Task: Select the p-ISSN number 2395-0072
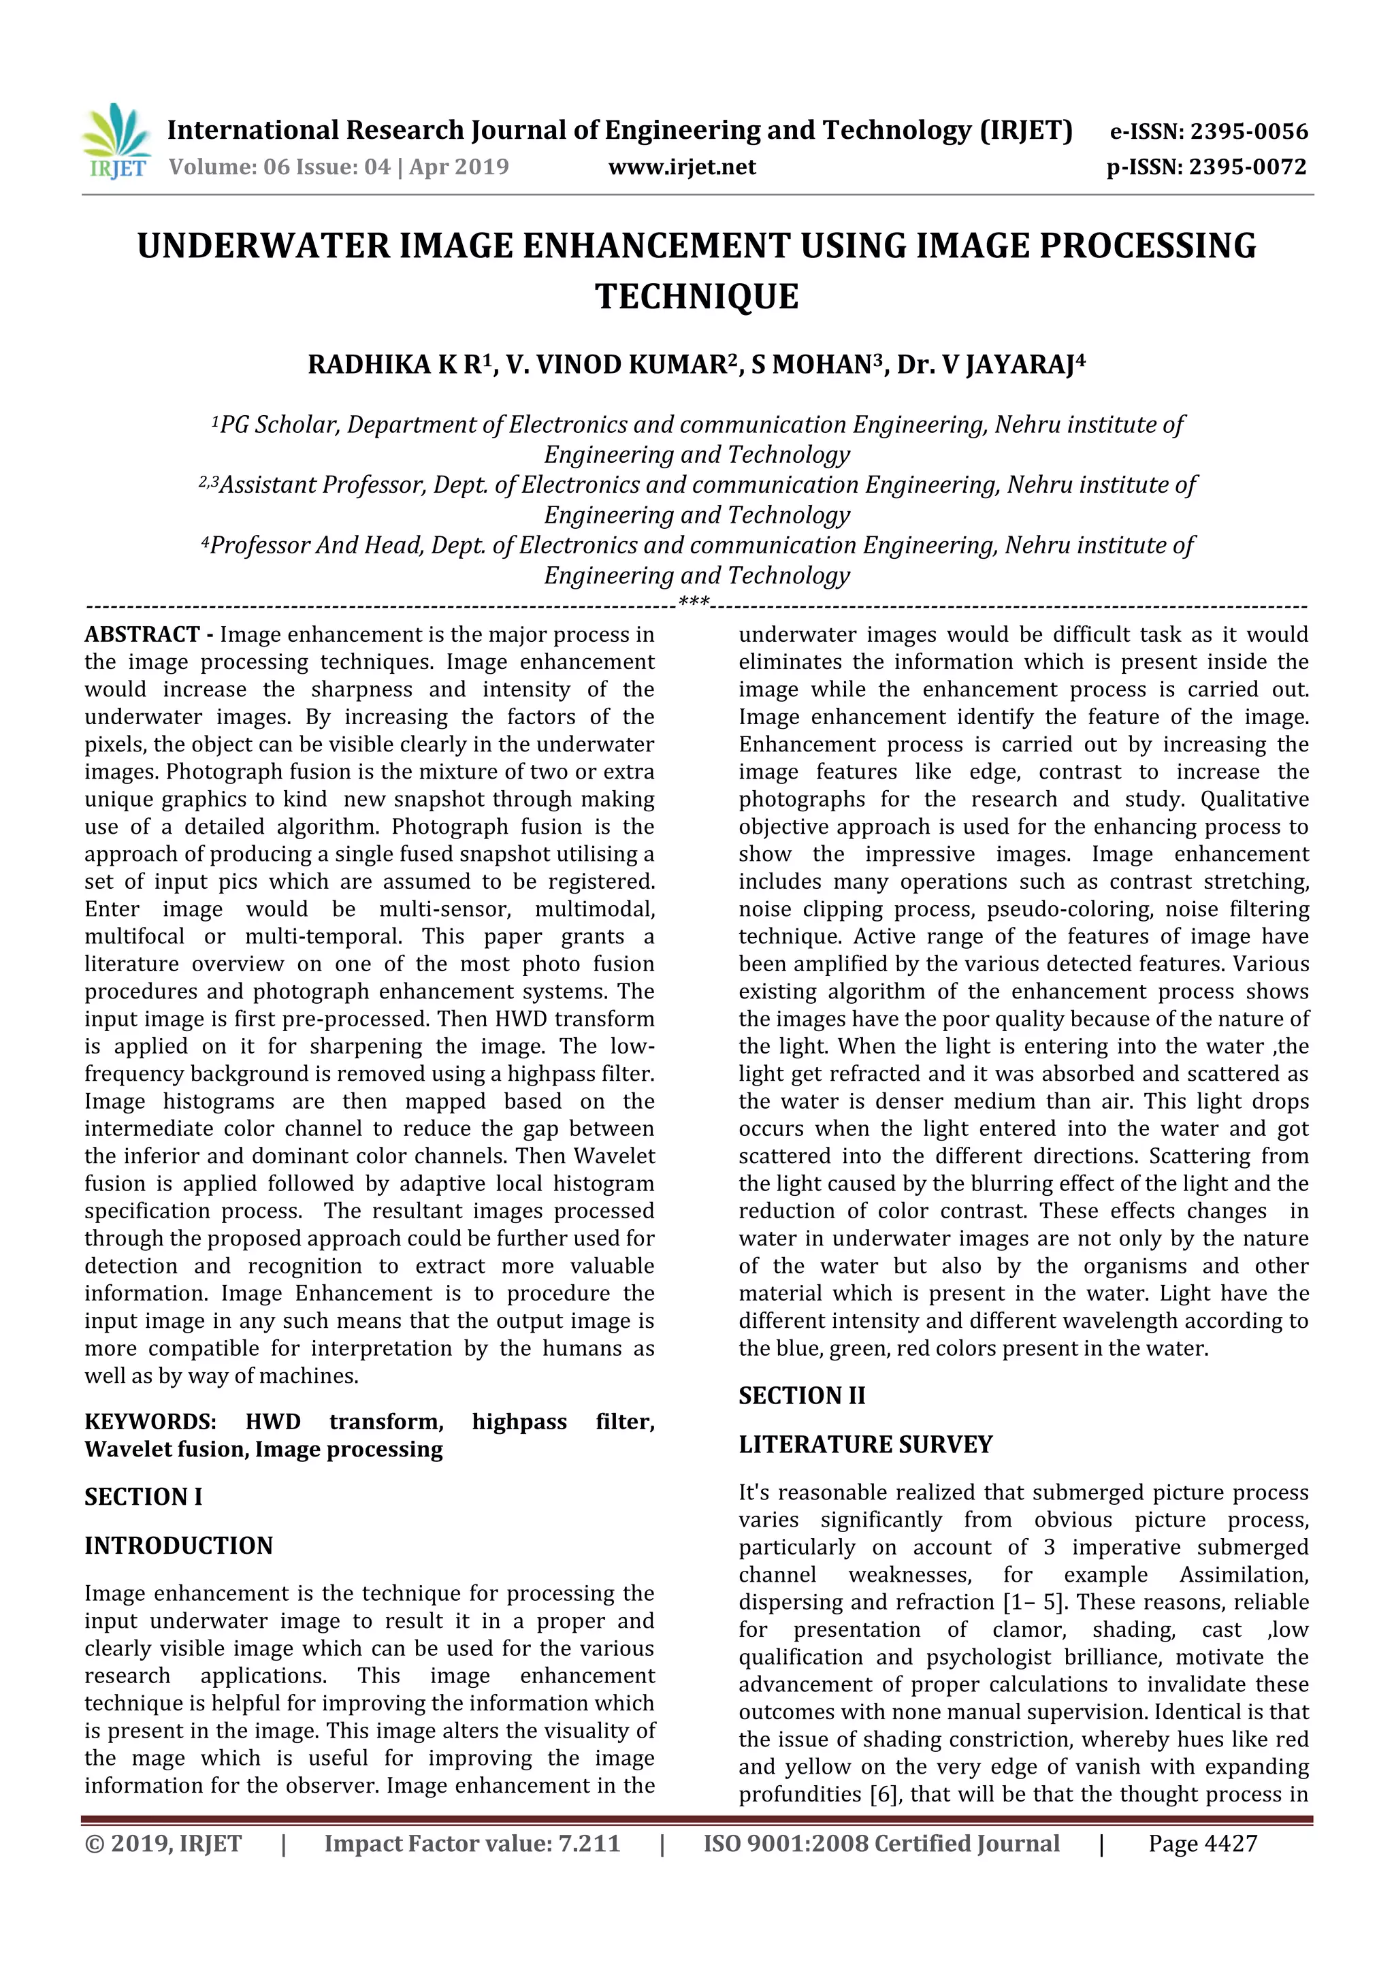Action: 1247,167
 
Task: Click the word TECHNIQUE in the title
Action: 696,297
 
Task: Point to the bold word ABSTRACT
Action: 142,634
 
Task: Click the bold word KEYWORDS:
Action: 150,1422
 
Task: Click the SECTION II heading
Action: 802,1396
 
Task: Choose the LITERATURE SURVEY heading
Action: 865,1445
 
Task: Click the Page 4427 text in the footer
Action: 1203,1843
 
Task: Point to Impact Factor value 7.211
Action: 472,1843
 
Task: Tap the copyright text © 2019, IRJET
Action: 163,1843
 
